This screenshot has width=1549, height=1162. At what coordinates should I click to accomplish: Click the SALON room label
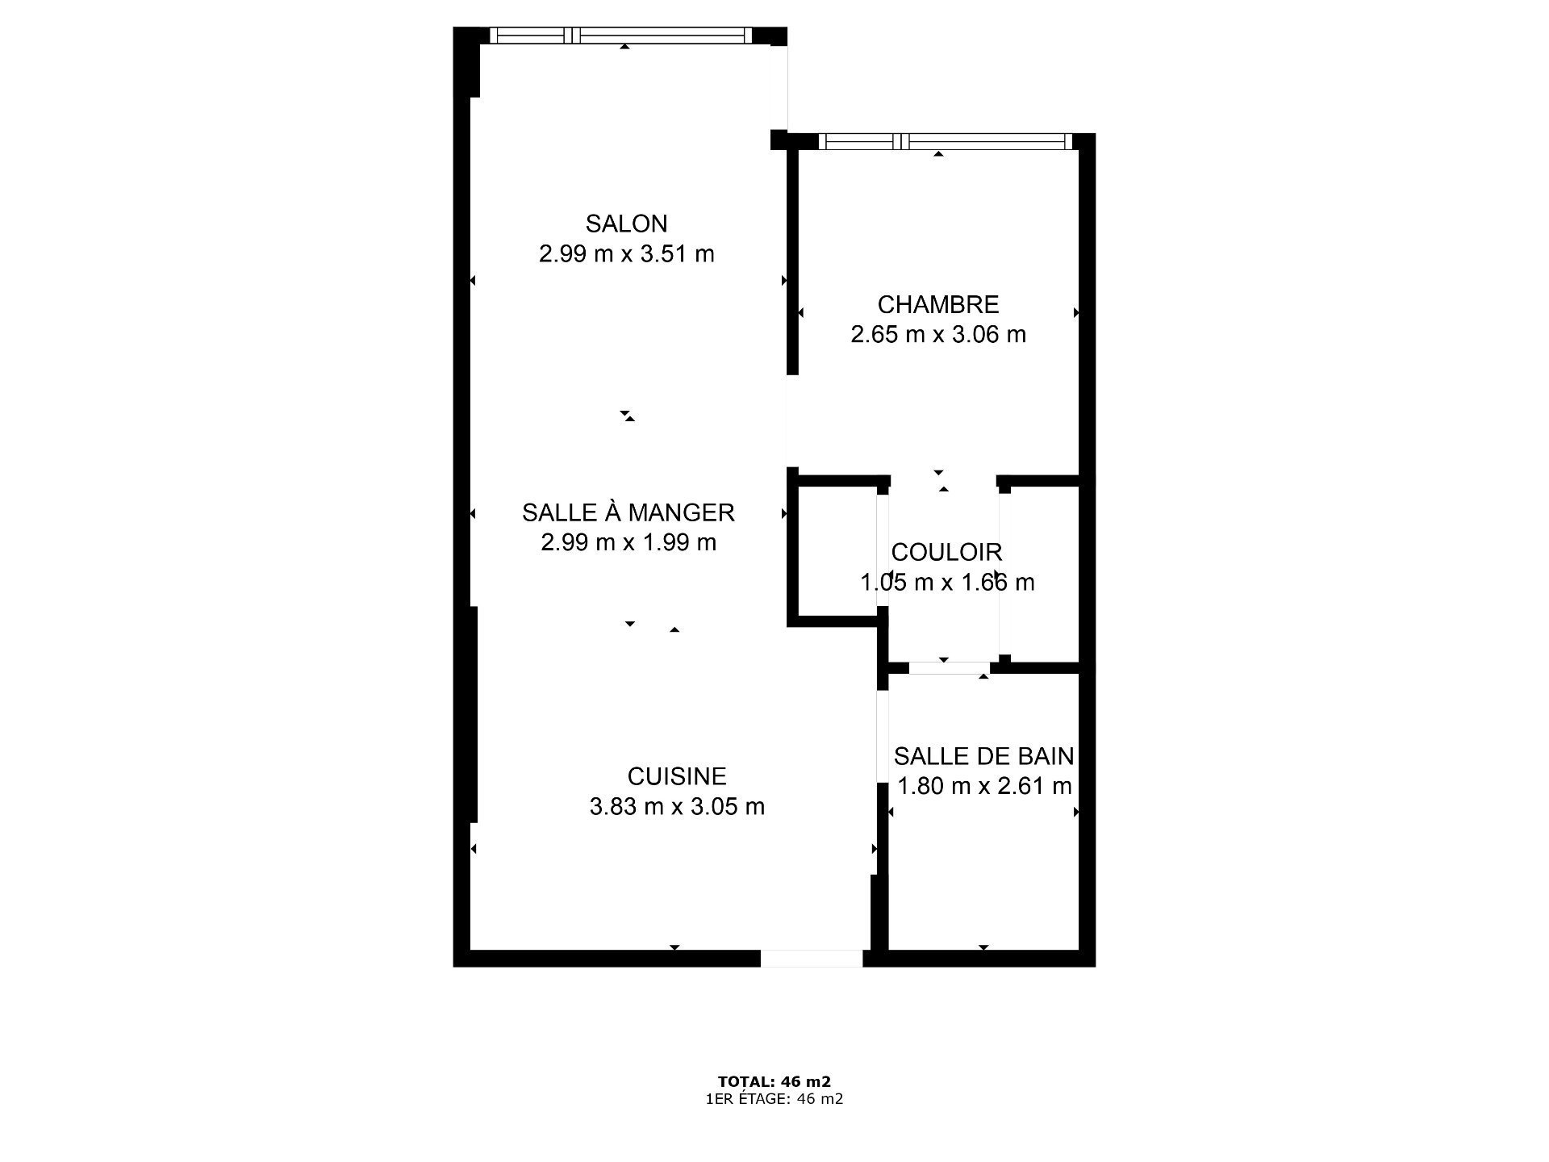pos(626,224)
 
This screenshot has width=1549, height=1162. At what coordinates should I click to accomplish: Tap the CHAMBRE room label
pos(938,305)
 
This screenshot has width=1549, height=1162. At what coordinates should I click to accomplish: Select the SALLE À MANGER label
pos(628,512)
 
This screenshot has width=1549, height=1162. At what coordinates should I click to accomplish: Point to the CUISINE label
pos(677,776)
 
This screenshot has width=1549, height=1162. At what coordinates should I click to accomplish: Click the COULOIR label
pos(947,553)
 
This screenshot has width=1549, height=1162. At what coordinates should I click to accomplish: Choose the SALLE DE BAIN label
pos(984,756)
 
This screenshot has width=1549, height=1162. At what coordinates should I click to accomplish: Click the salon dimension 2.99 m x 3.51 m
pos(627,254)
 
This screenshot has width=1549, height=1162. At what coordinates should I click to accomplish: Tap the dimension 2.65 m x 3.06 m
pos(938,334)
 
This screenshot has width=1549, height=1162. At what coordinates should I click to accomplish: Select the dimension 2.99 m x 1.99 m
pos(628,542)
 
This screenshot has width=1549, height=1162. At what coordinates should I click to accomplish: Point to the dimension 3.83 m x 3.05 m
pos(677,806)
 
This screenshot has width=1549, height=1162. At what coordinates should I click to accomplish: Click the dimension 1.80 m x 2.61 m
pos(984,786)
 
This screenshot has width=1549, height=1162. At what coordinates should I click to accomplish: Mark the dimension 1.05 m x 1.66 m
pos(947,582)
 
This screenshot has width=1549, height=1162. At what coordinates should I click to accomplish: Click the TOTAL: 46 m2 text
pos(774,1081)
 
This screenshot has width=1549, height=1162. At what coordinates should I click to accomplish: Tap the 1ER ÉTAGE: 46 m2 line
pos(774,1099)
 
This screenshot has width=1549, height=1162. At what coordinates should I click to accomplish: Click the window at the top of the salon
pos(621,36)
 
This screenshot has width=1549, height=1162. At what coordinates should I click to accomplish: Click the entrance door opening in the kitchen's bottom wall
pos(812,958)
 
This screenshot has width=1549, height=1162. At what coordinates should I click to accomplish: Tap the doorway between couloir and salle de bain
pos(950,668)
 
